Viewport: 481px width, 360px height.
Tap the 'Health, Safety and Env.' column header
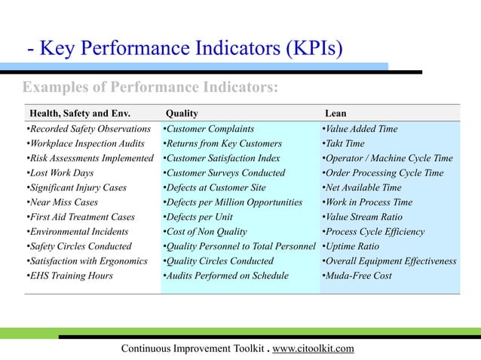click(79, 113)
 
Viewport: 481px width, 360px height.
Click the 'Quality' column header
click(182, 113)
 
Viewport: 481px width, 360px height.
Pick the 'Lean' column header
click(335, 113)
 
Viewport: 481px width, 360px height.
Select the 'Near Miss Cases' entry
click(65, 203)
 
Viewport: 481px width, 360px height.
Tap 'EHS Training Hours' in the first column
click(69, 276)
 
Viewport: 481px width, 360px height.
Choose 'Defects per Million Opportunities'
click(233, 203)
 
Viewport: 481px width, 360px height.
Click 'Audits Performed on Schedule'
click(225, 276)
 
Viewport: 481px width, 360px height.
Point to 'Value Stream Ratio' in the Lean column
click(363, 217)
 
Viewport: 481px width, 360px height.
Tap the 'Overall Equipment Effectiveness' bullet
click(389, 261)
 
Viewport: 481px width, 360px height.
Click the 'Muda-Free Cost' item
click(357, 276)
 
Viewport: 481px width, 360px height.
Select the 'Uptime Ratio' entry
click(351, 246)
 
